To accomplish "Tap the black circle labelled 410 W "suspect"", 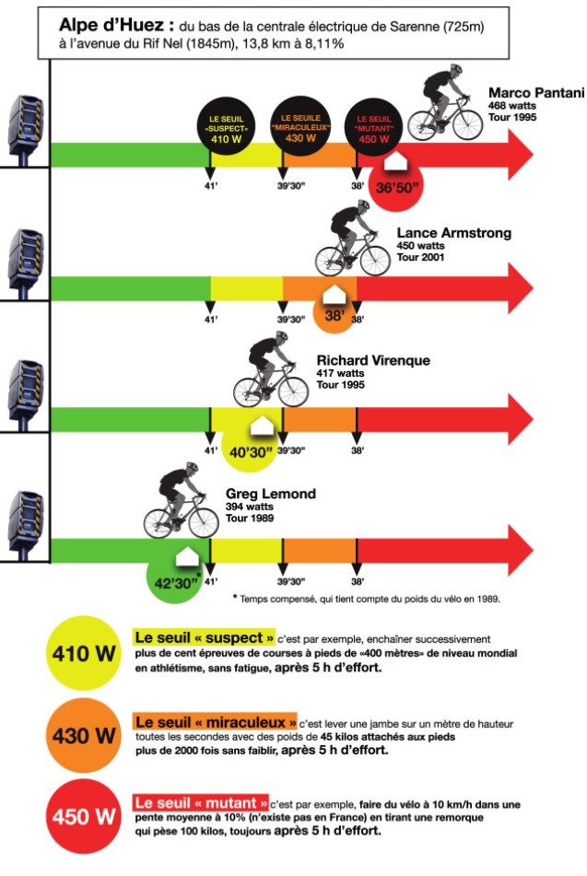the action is (226, 127).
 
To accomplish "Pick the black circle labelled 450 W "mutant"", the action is (373, 127).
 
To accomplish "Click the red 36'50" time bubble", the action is (396, 184).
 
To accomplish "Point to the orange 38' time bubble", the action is (334, 313).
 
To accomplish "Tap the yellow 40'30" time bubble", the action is (250, 450).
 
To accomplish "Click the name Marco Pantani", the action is (536, 93).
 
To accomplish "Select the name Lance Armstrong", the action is (454, 233).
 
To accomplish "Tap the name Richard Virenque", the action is (373, 360).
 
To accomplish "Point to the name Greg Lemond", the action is (271, 494).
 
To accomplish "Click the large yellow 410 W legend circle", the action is (84, 653).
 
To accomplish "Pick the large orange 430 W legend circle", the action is (84, 735).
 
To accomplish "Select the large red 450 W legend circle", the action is (84, 817).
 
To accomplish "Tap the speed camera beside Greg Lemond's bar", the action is (25, 525).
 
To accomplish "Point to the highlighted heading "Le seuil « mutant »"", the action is (201, 803).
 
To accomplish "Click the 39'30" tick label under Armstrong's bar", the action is (290, 320).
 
